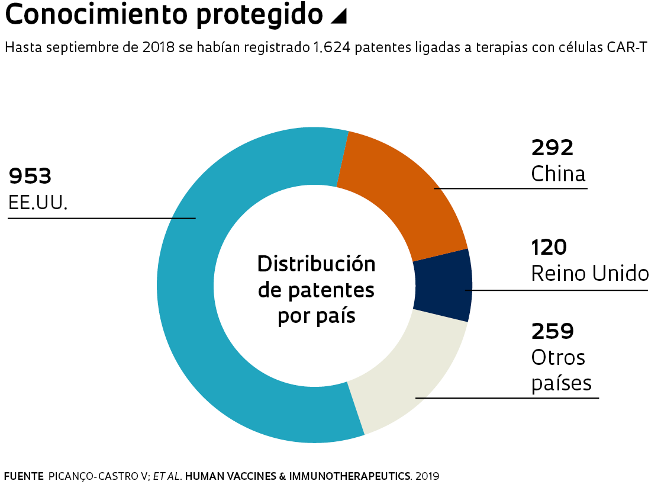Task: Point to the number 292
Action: click(x=553, y=147)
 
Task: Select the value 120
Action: click(x=549, y=246)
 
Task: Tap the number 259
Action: click(x=553, y=331)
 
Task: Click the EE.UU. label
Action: click(x=38, y=203)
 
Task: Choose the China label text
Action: click(x=558, y=174)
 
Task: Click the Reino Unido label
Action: click(x=589, y=274)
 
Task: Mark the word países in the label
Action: click(x=561, y=383)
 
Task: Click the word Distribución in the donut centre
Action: click(x=317, y=264)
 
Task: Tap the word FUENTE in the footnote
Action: click(x=24, y=476)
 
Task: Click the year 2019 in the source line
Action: click(x=427, y=476)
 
